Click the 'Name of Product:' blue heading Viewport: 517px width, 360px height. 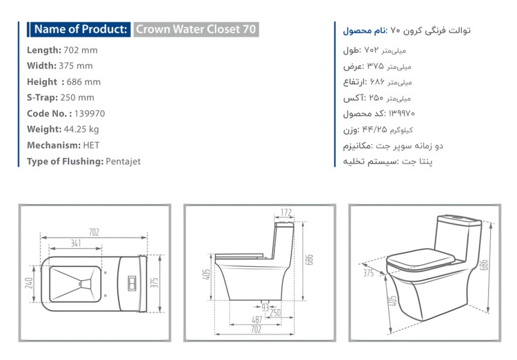point(81,30)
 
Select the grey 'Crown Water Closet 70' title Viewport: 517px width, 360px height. point(196,30)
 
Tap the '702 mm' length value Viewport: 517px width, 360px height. point(81,50)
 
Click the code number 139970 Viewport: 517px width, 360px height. point(90,114)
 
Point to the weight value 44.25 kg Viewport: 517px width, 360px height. point(81,129)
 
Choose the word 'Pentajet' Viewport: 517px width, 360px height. point(123,161)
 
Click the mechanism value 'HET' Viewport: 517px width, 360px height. point(91,146)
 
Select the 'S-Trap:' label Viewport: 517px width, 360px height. point(42,98)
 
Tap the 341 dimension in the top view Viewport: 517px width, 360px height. point(76,243)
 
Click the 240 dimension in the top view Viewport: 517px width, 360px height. point(29,283)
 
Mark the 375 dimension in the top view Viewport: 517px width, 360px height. point(154,283)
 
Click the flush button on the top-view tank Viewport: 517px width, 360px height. point(132,283)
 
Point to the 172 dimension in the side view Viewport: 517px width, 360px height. point(286,212)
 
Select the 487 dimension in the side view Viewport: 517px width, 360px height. point(257,319)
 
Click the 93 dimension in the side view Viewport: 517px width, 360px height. point(265,308)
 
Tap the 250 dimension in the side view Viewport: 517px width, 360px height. point(275,312)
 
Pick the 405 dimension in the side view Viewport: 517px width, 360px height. point(206,274)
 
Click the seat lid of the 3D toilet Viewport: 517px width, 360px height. point(420,258)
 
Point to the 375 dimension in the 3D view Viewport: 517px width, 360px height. point(368,273)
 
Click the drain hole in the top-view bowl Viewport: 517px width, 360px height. point(80,283)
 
